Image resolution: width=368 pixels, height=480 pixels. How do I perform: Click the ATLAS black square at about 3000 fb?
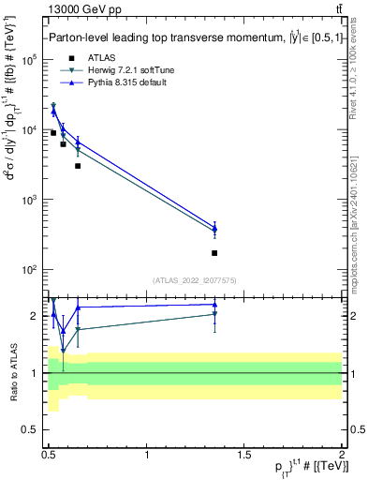(x=78, y=166)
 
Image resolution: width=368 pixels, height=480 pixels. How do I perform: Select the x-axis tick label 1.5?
(x=244, y=454)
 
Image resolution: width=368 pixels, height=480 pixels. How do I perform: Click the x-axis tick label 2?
(x=342, y=454)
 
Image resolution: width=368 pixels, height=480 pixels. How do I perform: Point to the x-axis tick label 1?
(x=147, y=454)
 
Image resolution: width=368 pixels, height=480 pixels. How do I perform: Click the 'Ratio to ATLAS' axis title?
(x=14, y=373)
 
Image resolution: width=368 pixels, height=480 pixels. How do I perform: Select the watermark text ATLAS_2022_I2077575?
(x=195, y=279)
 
